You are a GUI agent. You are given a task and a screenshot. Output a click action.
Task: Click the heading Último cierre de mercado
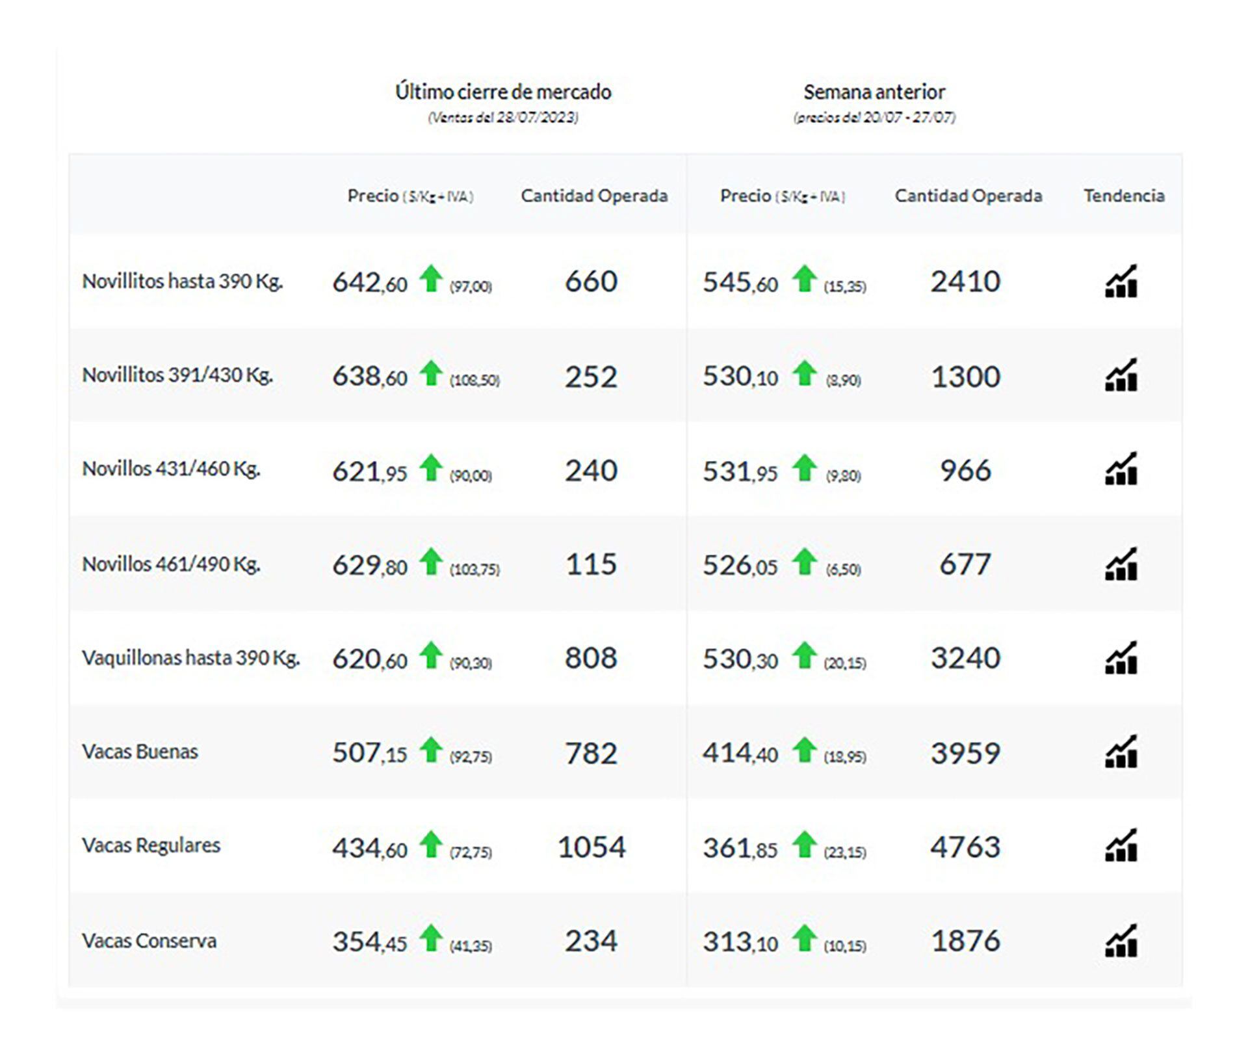click(x=503, y=92)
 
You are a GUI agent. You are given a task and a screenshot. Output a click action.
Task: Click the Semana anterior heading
click(x=874, y=92)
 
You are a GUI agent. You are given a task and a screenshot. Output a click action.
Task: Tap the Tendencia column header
click(x=1123, y=196)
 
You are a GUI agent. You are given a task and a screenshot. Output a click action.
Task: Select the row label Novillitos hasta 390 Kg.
click(x=182, y=281)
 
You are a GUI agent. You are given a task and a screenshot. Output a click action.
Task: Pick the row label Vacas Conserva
click(x=149, y=940)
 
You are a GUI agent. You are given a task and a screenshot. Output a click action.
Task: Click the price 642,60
click(x=369, y=282)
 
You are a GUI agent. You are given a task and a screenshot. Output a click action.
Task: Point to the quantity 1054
click(x=591, y=847)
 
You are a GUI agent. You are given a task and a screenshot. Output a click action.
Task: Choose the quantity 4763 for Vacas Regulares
click(x=965, y=847)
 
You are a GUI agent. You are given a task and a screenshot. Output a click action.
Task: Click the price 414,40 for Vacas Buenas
click(x=740, y=753)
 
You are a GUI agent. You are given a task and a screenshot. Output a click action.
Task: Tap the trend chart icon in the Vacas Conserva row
click(x=1121, y=940)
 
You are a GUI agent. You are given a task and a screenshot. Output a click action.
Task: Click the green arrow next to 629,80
click(x=430, y=562)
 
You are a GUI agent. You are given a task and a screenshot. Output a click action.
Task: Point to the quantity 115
click(x=591, y=564)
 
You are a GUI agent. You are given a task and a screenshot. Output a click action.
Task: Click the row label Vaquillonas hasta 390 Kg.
click(x=190, y=657)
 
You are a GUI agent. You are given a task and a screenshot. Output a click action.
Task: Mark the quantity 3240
click(x=965, y=657)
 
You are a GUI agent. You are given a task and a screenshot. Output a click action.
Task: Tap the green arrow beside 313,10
click(x=804, y=938)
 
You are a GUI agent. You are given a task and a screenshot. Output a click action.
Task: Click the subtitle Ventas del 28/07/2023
click(x=502, y=118)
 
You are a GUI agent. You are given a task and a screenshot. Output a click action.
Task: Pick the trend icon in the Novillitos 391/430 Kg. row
click(x=1121, y=375)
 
